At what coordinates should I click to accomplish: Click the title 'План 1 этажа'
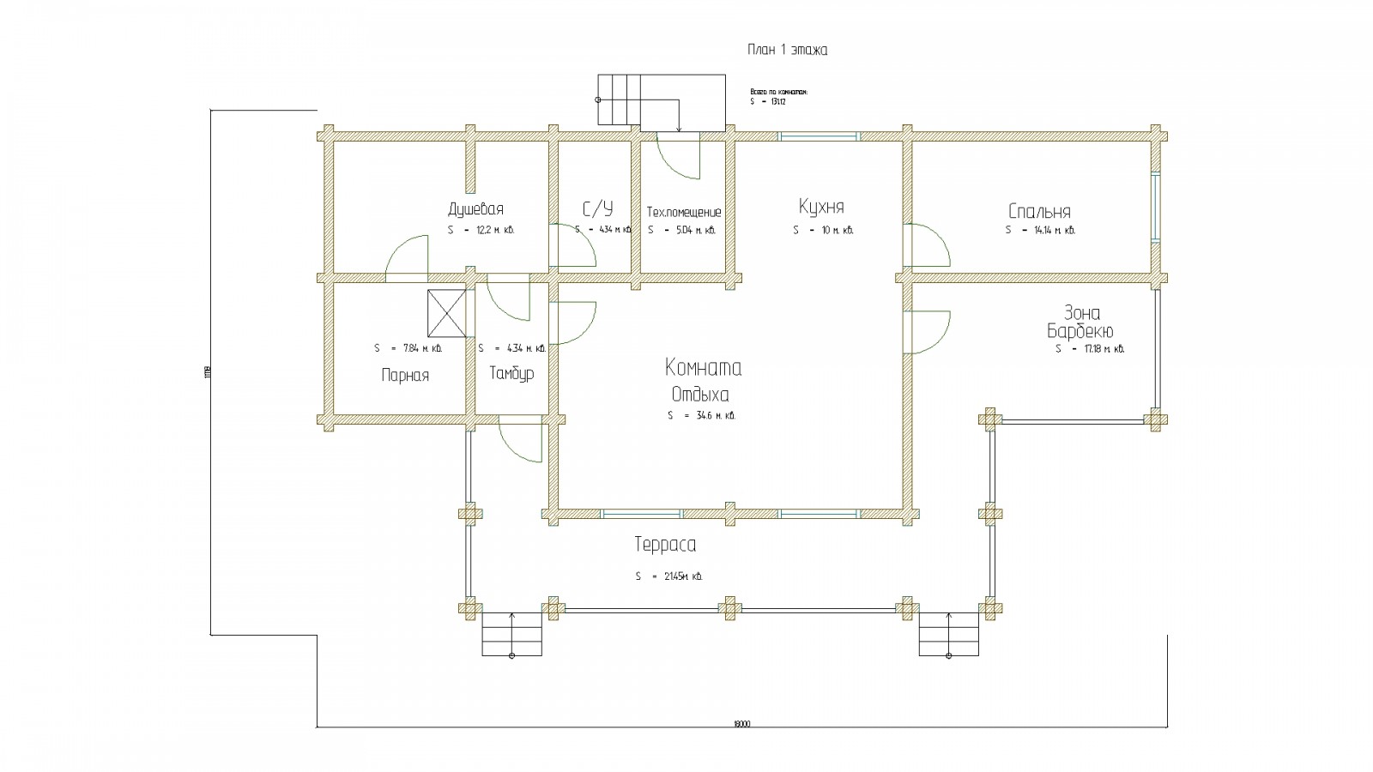[x=787, y=50]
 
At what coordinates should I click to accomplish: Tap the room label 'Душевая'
[x=475, y=209]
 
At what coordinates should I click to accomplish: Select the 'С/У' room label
[x=598, y=209]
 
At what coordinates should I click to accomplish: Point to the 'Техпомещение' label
[x=684, y=212]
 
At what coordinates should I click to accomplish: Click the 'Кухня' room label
[x=821, y=208]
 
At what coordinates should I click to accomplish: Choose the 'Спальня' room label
[x=1039, y=212]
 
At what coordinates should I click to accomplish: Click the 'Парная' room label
[x=405, y=375]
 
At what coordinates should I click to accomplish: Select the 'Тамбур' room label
[x=511, y=374]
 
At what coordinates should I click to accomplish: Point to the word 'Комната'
[x=703, y=368]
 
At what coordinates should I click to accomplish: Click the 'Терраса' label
[x=665, y=545]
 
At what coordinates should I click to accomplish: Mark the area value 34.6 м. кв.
[x=701, y=416]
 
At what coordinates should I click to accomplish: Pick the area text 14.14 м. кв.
[x=1039, y=230]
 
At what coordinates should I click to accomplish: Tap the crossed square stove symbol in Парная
[x=446, y=314]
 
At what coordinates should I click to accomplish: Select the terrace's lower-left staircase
[x=511, y=635]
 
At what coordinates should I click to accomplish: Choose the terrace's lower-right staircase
[x=949, y=635]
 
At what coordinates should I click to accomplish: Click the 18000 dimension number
[x=741, y=724]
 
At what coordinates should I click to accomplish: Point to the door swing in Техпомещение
[x=678, y=159]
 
